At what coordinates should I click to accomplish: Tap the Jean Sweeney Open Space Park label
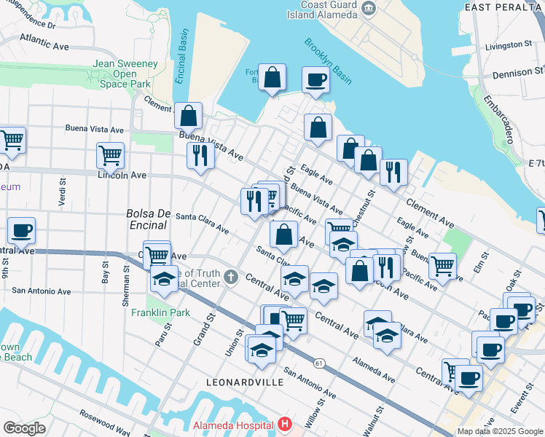pyautogui.click(x=125, y=74)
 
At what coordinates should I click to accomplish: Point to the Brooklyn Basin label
pyautogui.click(x=326, y=59)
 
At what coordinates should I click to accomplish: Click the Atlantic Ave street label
pyautogui.click(x=44, y=41)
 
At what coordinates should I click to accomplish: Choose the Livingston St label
pyautogui.click(x=509, y=45)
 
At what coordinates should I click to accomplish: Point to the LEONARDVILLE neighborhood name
pyautogui.click(x=241, y=381)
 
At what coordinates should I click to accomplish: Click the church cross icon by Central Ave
pyautogui.click(x=230, y=276)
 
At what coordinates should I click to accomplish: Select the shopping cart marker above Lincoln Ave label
pyautogui.click(x=110, y=154)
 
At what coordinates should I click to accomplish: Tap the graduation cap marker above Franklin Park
pyautogui.click(x=164, y=279)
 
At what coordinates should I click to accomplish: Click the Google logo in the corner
pyautogui.click(x=24, y=428)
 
